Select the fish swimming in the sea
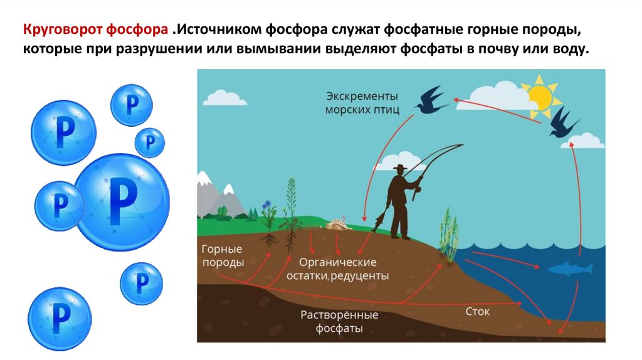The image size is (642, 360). point(570,269)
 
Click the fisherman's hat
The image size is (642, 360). point(399,168)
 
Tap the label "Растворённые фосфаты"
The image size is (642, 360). point(339,321)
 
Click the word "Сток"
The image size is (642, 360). point(478,311)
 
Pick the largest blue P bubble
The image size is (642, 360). point(122,199)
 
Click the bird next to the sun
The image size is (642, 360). point(563,124)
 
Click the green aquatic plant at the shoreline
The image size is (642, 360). point(449,235)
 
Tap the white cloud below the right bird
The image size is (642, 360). point(583,141)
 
